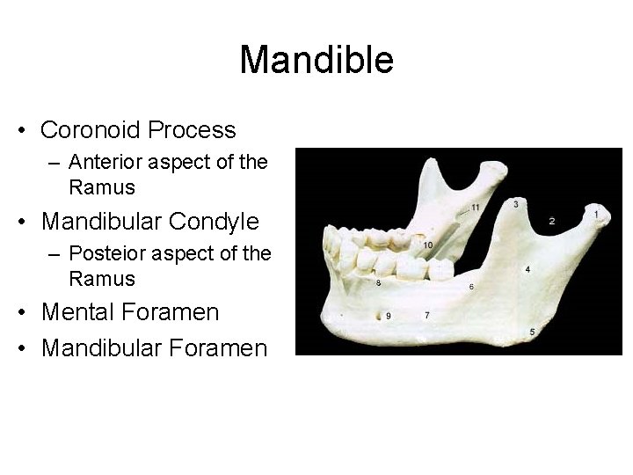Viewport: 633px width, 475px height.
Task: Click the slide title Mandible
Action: (x=316, y=61)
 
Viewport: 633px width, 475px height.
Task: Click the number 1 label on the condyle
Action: (x=597, y=214)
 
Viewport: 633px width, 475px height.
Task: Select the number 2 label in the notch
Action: (x=552, y=220)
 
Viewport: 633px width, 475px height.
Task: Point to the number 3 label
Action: (x=516, y=204)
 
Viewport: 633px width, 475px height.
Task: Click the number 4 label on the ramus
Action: (x=527, y=269)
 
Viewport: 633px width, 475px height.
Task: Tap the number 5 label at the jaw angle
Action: (x=533, y=331)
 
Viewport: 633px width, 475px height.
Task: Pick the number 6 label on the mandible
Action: (x=472, y=287)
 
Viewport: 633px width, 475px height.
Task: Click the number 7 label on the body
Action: (x=427, y=314)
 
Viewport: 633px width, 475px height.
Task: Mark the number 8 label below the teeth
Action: (x=378, y=283)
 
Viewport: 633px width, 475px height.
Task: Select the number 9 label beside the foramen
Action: (x=389, y=315)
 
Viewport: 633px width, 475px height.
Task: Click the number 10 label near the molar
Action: (x=427, y=245)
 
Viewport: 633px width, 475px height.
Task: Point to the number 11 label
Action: (x=476, y=208)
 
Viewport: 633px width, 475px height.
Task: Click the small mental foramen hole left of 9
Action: (x=376, y=314)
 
